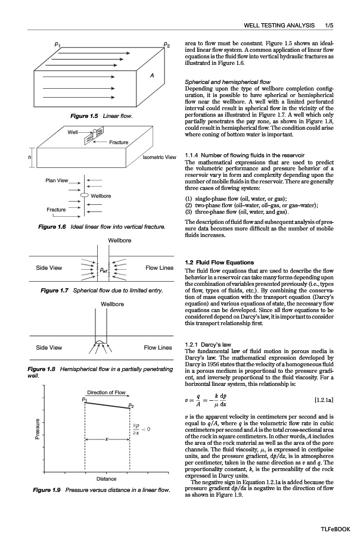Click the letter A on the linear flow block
(152, 76)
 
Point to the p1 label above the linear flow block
(57, 43)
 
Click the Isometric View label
(159, 157)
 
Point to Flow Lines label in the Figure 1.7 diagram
(159, 267)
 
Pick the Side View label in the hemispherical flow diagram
(49, 347)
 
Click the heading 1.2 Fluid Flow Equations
(220, 263)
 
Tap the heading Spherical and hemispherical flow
(228, 82)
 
